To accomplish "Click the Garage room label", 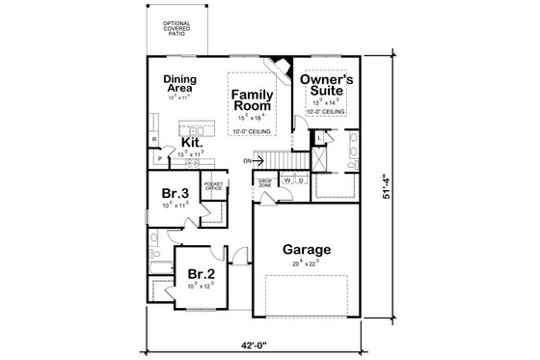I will (308, 248).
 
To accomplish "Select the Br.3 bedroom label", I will (175, 192).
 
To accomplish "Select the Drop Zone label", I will (264, 182).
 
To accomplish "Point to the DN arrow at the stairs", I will (248, 160).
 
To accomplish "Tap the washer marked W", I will (287, 180).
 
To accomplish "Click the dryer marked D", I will (301, 180).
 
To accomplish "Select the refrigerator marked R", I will (155, 140).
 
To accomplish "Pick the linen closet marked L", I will (319, 139).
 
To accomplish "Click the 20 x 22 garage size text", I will (308, 261).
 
